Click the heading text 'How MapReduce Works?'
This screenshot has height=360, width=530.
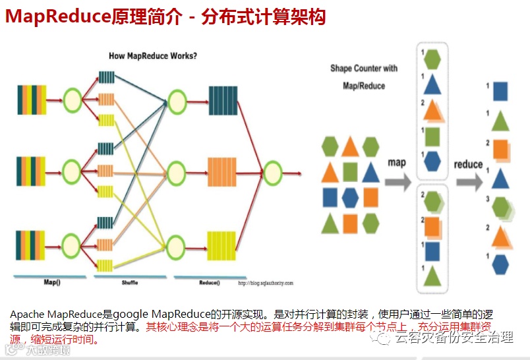coord(152,56)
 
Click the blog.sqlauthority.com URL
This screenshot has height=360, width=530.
coord(265,283)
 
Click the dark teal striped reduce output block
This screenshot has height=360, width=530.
coord(223,101)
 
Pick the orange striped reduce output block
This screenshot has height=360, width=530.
coord(222,173)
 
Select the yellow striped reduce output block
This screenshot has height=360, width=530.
coord(222,245)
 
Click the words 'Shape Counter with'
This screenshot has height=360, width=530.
coord(364,69)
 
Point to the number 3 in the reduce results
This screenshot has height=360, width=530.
coord(487,198)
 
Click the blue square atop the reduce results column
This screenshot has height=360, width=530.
coord(501,91)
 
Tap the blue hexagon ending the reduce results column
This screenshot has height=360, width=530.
coord(500,264)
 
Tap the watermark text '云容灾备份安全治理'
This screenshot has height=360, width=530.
coord(455,338)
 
